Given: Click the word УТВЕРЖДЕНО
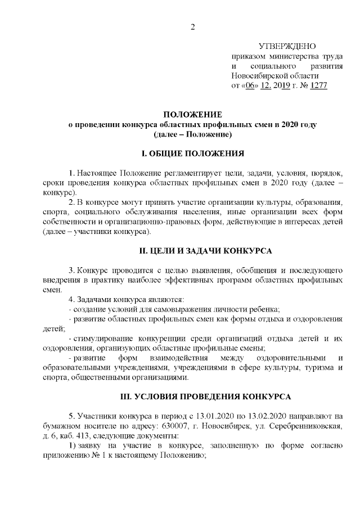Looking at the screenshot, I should [x=287, y=46].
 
